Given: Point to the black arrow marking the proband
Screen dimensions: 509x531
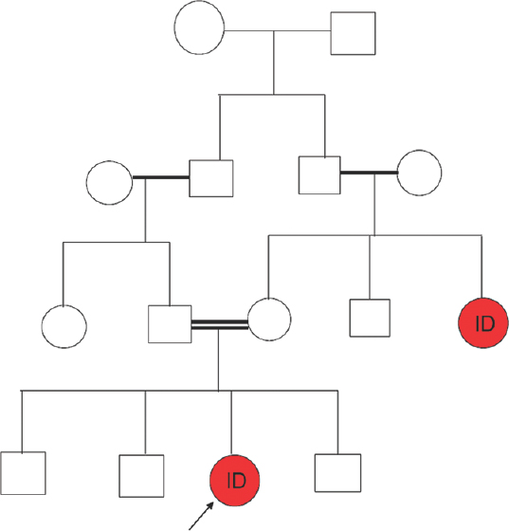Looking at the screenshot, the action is (x=201, y=516).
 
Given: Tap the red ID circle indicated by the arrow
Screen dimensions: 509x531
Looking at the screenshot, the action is (x=234, y=481).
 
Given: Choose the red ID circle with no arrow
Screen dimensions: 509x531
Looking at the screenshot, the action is (x=483, y=322).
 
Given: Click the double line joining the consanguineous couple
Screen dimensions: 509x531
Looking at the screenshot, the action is (x=220, y=324).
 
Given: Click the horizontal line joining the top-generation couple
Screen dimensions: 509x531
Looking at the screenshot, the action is (x=278, y=30).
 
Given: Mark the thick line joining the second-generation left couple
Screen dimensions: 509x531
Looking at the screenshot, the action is (x=161, y=177).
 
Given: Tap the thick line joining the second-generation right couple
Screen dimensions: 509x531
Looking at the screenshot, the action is (x=369, y=173).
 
